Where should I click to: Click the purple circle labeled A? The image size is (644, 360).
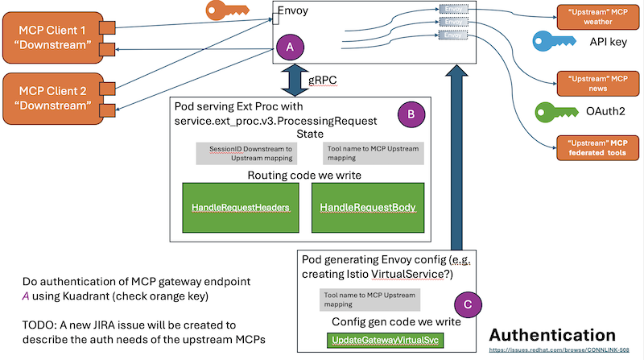tap(290, 48)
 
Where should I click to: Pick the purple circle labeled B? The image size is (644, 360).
tap(411, 114)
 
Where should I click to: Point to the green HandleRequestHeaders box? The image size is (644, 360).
tap(241, 208)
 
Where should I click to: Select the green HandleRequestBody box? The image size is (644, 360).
tap(368, 208)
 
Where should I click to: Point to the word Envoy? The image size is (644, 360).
tap(295, 11)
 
